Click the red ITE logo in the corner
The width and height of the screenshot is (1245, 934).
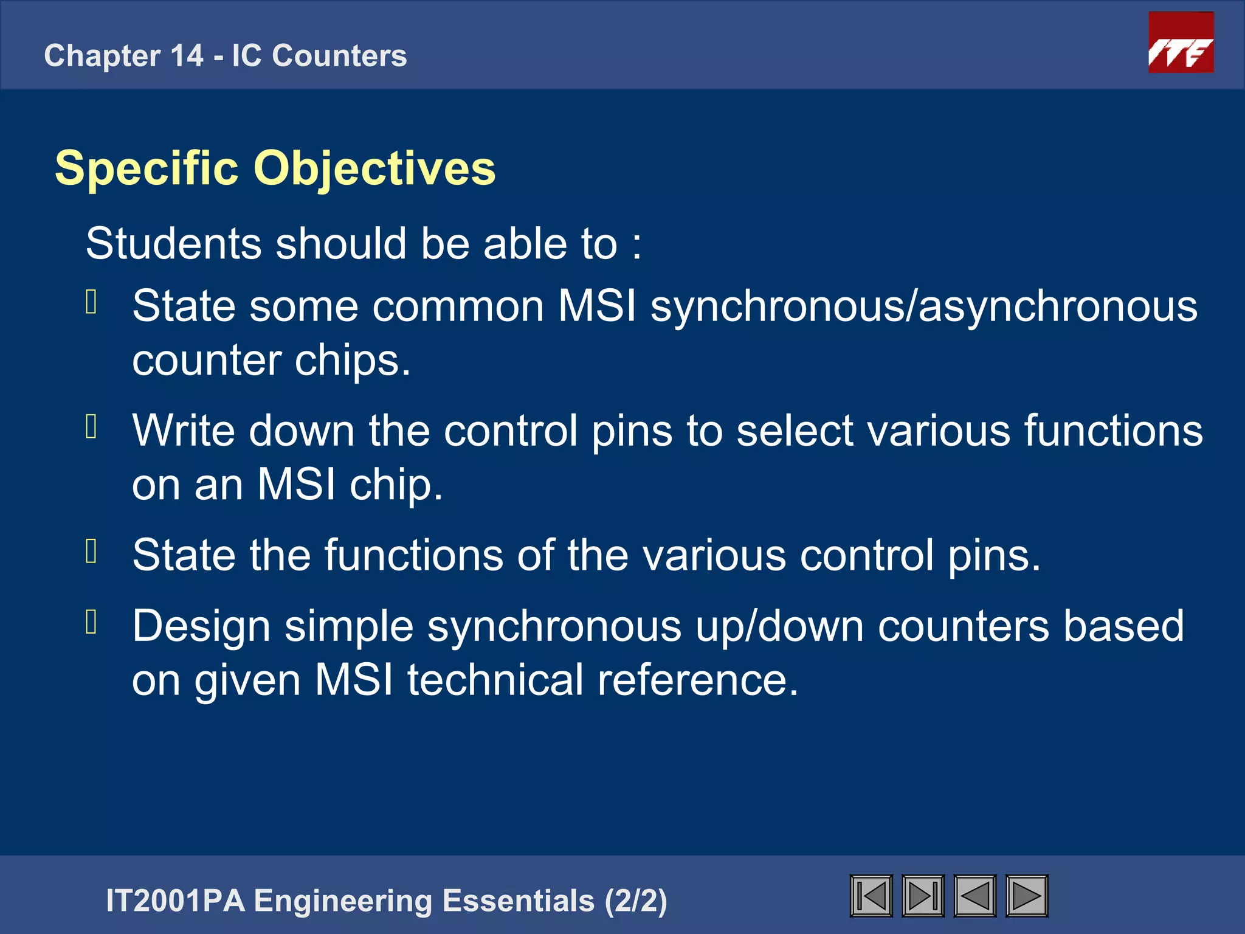coord(1181,43)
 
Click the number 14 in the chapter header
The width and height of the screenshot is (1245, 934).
coord(187,56)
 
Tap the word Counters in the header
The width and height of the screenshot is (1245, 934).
coord(339,56)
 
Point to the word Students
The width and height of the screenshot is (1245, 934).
coord(173,244)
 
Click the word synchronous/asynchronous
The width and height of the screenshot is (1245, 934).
coord(924,306)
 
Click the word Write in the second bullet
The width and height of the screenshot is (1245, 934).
coord(183,431)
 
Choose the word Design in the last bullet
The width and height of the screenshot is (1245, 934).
coord(201,626)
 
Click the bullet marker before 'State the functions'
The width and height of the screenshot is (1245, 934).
coord(92,551)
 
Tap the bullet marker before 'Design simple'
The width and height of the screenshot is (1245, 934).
coord(92,621)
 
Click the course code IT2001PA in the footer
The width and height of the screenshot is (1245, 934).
coord(175,901)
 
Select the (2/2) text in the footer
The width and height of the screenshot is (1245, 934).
coord(636,901)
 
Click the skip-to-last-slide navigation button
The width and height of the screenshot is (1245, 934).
coord(923,896)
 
